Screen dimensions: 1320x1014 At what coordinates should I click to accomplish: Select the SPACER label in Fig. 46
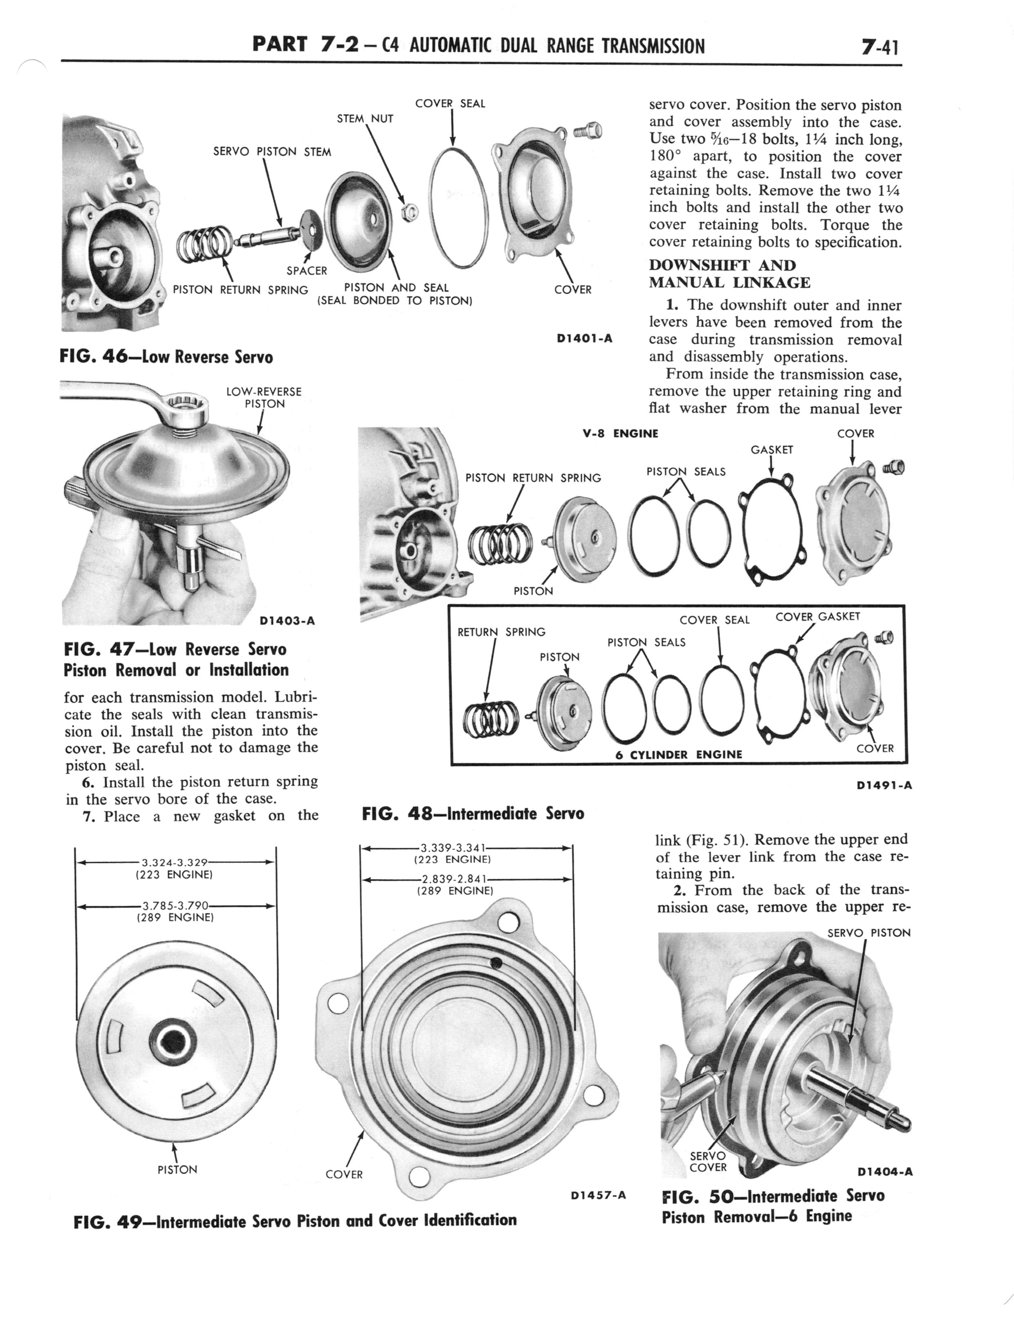click(x=307, y=271)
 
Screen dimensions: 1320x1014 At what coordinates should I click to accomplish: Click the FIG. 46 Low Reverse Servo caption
click(x=166, y=357)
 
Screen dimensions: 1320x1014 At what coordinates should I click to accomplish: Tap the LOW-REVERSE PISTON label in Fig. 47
click(x=264, y=398)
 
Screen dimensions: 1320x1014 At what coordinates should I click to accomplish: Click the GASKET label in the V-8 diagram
click(x=772, y=449)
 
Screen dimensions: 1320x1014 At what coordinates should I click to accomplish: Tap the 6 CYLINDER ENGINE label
click(x=678, y=754)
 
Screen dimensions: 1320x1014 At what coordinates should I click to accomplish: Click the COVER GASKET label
click(x=817, y=616)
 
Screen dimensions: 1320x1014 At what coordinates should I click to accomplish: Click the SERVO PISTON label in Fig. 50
click(x=868, y=933)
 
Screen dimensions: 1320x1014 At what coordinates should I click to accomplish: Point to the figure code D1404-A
click(x=884, y=1172)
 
